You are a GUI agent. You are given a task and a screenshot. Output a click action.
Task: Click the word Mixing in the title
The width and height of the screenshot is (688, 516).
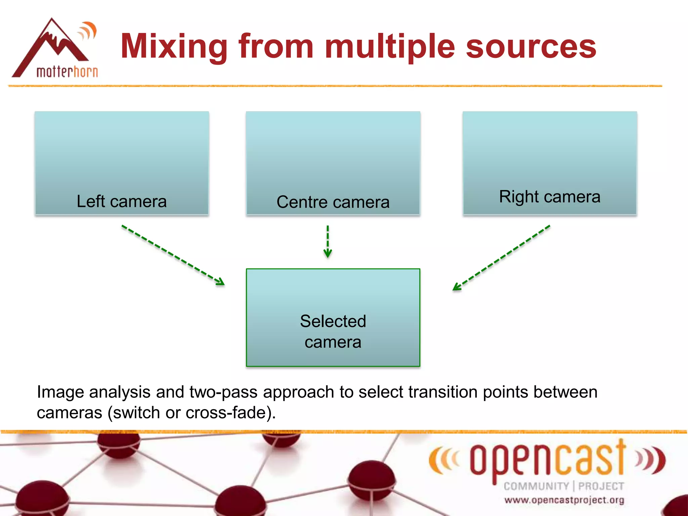click(174, 47)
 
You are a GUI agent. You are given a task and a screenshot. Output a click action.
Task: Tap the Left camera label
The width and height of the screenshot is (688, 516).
click(122, 202)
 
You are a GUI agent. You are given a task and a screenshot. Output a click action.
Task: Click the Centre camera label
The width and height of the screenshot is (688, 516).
click(333, 202)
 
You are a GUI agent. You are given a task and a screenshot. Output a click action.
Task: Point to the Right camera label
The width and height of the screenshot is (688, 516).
click(550, 197)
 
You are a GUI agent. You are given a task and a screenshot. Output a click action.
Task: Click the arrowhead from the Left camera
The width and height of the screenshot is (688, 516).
click(221, 282)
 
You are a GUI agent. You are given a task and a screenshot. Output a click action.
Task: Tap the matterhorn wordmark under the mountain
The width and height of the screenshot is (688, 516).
click(67, 72)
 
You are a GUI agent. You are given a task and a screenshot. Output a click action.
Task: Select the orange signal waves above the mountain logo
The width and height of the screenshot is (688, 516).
click(88, 31)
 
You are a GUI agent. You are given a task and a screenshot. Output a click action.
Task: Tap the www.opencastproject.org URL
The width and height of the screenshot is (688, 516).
click(564, 500)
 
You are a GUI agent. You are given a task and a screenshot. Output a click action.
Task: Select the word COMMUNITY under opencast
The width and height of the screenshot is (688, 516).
click(536, 486)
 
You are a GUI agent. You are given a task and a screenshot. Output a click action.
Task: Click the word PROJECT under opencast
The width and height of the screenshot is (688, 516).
click(601, 486)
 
